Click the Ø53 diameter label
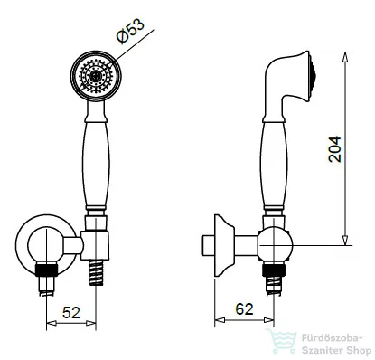(131, 31)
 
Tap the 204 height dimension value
(335, 149)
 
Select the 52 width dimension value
(71, 313)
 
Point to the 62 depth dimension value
(244, 309)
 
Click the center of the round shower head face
(96, 76)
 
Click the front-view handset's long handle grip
(96, 165)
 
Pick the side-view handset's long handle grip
(274, 165)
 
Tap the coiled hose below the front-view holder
(96, 272)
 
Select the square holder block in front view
(95, 246)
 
